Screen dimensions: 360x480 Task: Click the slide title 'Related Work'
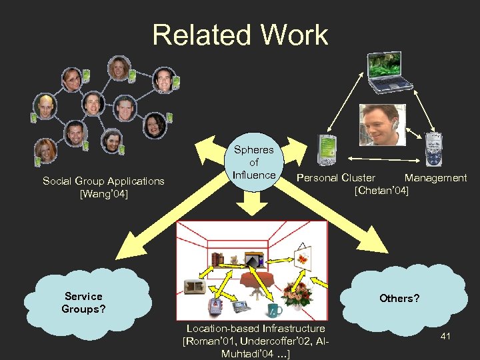tap(240, 35)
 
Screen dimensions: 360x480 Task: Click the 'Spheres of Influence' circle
tap(254, 162)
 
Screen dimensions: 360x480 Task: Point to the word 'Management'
tap(435, 178)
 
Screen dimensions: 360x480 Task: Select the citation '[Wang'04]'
tap(103, 194)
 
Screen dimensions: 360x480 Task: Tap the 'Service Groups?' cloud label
tap(83, 302)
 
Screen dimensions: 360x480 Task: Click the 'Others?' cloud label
tap(399, 298)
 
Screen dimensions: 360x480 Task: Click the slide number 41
tap(445, 336)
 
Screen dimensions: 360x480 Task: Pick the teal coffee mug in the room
tap(274, 310)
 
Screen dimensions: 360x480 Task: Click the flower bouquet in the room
tap(294, 293)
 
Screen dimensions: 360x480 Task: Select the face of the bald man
tap(45, 105)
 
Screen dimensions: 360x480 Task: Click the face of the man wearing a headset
tap(377, 123)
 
